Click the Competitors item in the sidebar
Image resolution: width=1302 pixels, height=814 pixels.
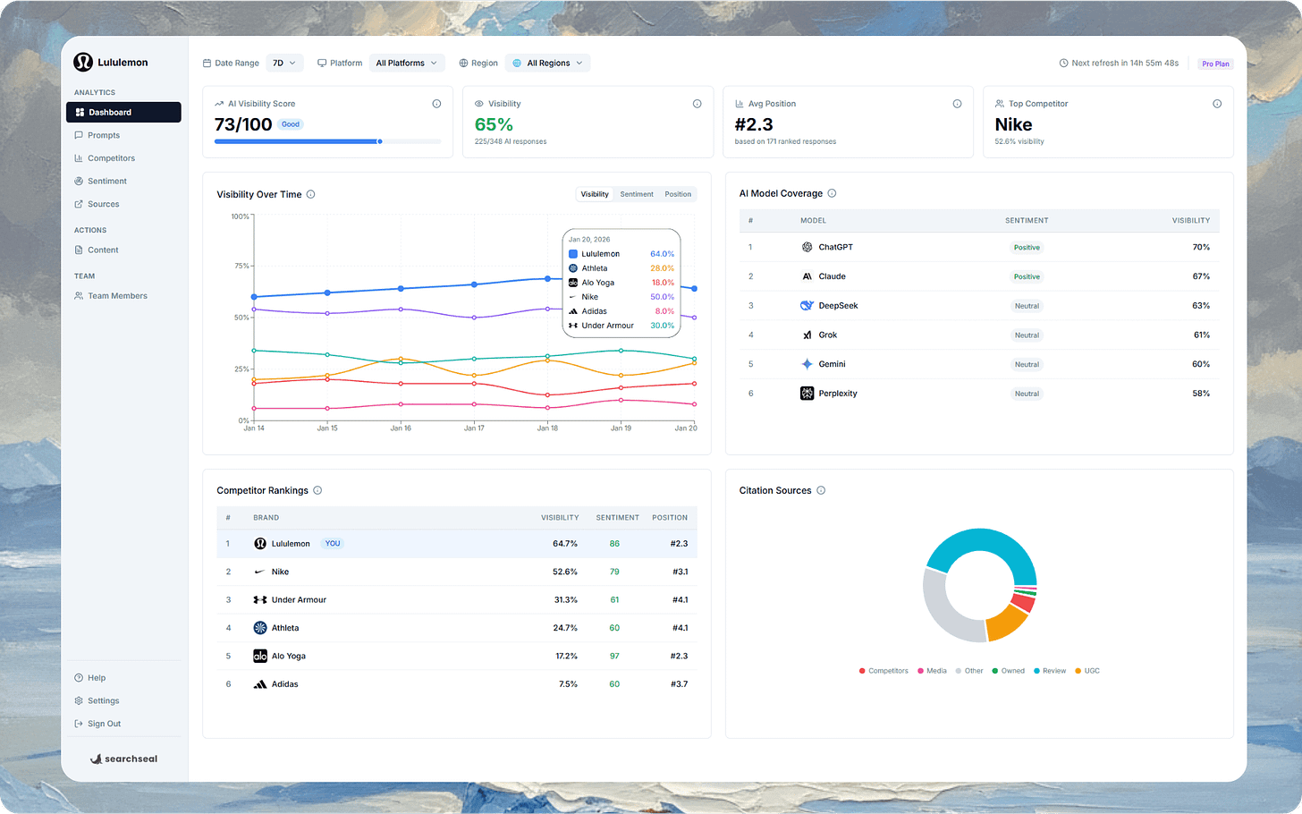point(111,158)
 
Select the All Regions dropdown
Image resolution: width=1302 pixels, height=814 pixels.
point(547,64)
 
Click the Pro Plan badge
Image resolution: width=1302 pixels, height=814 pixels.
point(1214,64)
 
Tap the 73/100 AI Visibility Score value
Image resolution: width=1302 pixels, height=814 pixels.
point(243,125)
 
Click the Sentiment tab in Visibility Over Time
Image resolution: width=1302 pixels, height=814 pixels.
point(637,194)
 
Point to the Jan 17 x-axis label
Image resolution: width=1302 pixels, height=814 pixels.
point(474,428)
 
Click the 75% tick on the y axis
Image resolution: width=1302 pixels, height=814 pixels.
point(241,266)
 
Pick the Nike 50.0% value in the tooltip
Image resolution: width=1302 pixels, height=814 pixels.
point(662,297)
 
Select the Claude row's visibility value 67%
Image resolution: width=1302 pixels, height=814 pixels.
point(1200,276)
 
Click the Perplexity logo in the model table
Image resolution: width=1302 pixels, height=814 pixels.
point(807,394)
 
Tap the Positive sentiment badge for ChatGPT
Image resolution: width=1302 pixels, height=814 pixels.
point(1027,248)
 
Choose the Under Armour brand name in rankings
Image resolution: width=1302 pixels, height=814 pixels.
point(299,600)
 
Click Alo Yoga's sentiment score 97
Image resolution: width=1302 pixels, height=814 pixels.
point(614,657)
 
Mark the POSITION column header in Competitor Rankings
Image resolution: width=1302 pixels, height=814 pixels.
point(669,518)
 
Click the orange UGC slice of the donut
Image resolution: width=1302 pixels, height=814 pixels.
point(1005,623)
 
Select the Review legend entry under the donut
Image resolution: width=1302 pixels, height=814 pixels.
point(1053,671)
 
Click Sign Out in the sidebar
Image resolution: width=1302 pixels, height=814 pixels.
point(104,725)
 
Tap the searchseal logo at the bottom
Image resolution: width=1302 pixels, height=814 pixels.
point(124,759)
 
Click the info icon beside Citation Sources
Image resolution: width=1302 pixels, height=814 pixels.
point(821,491)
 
